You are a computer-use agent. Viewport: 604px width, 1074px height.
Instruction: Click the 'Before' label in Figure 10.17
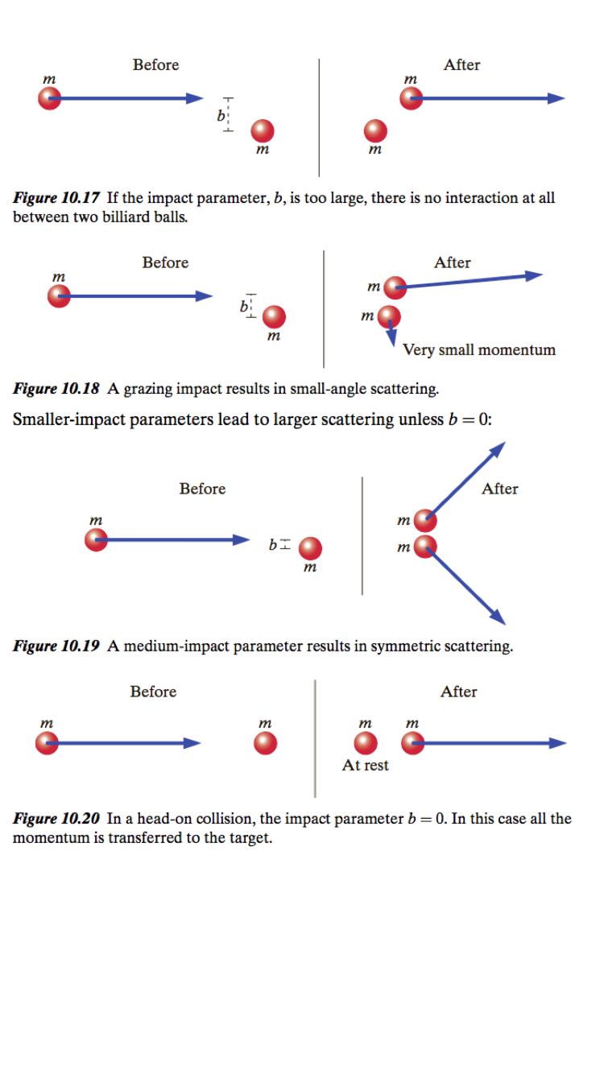coord(155,65)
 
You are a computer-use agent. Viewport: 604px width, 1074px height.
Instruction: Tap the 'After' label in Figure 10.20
coord(458,692)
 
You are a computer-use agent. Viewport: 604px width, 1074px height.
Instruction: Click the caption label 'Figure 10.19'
coord(56,646)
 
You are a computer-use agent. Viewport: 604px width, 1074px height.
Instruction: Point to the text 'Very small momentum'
coord(478,350)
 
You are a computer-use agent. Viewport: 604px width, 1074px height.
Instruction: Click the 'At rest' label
coord(365,766)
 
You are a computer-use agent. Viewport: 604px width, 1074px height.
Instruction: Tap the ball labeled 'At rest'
coord(366,743)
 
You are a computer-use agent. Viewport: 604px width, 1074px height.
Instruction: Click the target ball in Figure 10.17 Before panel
coord(262,130)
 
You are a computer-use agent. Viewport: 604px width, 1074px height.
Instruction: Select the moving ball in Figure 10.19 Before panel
coord(96,539)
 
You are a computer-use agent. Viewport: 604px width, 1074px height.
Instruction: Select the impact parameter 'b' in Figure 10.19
coord(273,545)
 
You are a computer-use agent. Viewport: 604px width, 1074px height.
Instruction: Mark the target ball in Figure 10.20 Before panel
coord(265,743)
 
